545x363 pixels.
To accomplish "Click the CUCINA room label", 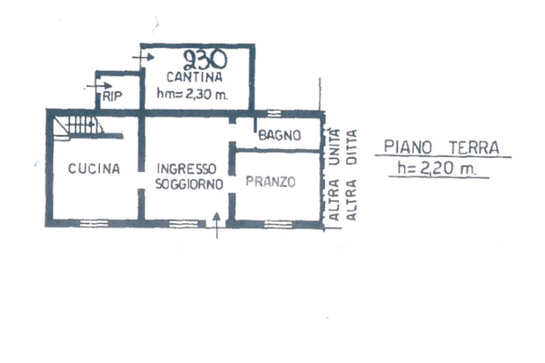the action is pos(94,169).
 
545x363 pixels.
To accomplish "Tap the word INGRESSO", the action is pos(186,169).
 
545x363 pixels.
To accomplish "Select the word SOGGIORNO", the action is pos(188,184).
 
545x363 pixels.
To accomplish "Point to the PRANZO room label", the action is pos(270,182).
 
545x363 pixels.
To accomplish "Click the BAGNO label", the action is pos(279,136).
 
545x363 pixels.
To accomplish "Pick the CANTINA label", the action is pos(194,78).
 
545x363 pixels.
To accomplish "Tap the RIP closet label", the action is pos(112,96).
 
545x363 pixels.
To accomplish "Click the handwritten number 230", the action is pos(205,60).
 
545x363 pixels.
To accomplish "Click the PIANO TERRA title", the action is pos(442,147).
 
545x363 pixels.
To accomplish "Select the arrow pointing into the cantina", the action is pos(141,56).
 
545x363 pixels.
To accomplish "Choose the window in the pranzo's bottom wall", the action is pos(278,224).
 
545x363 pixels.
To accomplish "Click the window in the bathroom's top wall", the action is pos(274,113).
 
